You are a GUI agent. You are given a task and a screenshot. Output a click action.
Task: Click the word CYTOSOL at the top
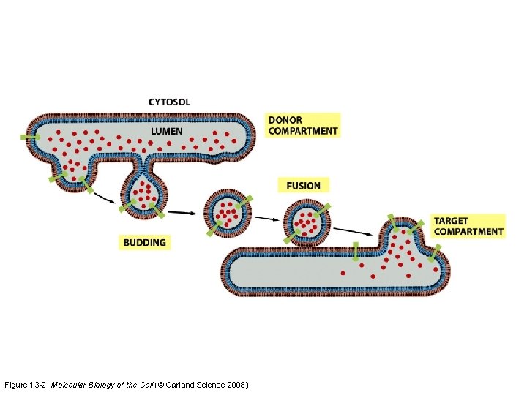point(169,102)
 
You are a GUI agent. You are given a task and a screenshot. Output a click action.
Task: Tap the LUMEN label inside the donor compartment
point(167,131)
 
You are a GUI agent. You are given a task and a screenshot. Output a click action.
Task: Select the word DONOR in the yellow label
point(285,120)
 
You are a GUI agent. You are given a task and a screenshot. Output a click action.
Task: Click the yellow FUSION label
point(303,185)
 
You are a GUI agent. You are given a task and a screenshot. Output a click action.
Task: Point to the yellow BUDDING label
point(145,242)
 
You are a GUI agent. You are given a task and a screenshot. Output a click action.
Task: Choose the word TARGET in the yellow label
point(451,220)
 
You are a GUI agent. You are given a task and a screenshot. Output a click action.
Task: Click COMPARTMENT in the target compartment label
point(468,232)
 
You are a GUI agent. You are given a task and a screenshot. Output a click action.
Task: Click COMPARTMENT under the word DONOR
point(303,132)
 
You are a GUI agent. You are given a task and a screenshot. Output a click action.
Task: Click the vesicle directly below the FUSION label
point(307,220)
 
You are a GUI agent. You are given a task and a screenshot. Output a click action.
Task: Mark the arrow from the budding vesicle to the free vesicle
point(182,212)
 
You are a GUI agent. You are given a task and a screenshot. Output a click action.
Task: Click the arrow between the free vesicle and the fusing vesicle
point(267,217)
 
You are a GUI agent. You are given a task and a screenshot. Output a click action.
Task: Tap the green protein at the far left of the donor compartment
point(30,137)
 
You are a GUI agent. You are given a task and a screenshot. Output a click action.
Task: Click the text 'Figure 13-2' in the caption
point(26,385)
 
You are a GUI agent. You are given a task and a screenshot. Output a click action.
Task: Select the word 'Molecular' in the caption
point(71,385)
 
